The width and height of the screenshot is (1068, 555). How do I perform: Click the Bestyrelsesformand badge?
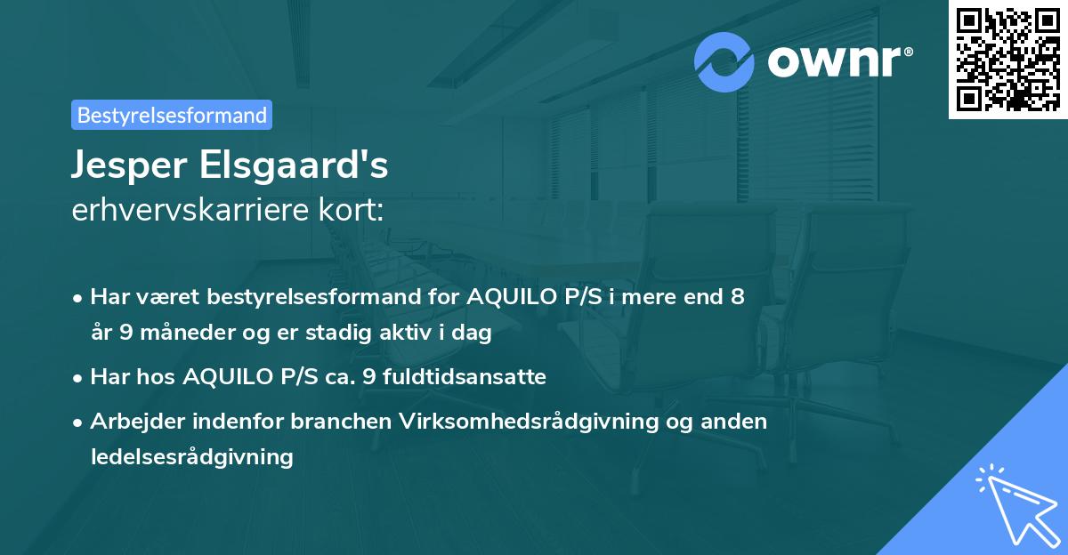point(172,115)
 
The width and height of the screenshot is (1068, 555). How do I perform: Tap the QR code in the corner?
point(1007,59)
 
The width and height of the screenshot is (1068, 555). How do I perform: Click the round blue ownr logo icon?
point(724,62)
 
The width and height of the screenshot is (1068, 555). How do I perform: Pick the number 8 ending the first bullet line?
point(738,297)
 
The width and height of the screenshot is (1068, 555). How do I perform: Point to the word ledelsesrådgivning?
point(191,457)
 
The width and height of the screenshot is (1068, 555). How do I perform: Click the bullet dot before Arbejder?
point(79,422)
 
